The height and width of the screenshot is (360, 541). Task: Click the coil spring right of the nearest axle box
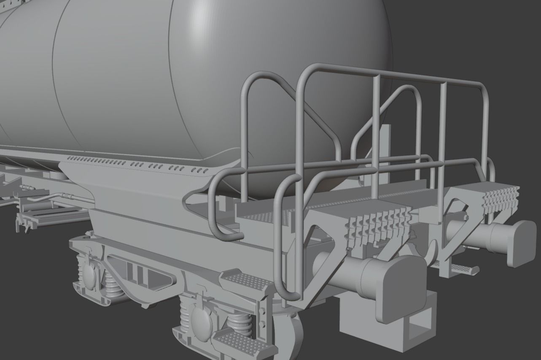tap(239, 323)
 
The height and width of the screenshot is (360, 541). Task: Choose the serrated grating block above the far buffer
tap(500, 198)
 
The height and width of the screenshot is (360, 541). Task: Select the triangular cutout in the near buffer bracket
tap(320, 245)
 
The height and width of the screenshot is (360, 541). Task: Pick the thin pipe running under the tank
tap(63, 196)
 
